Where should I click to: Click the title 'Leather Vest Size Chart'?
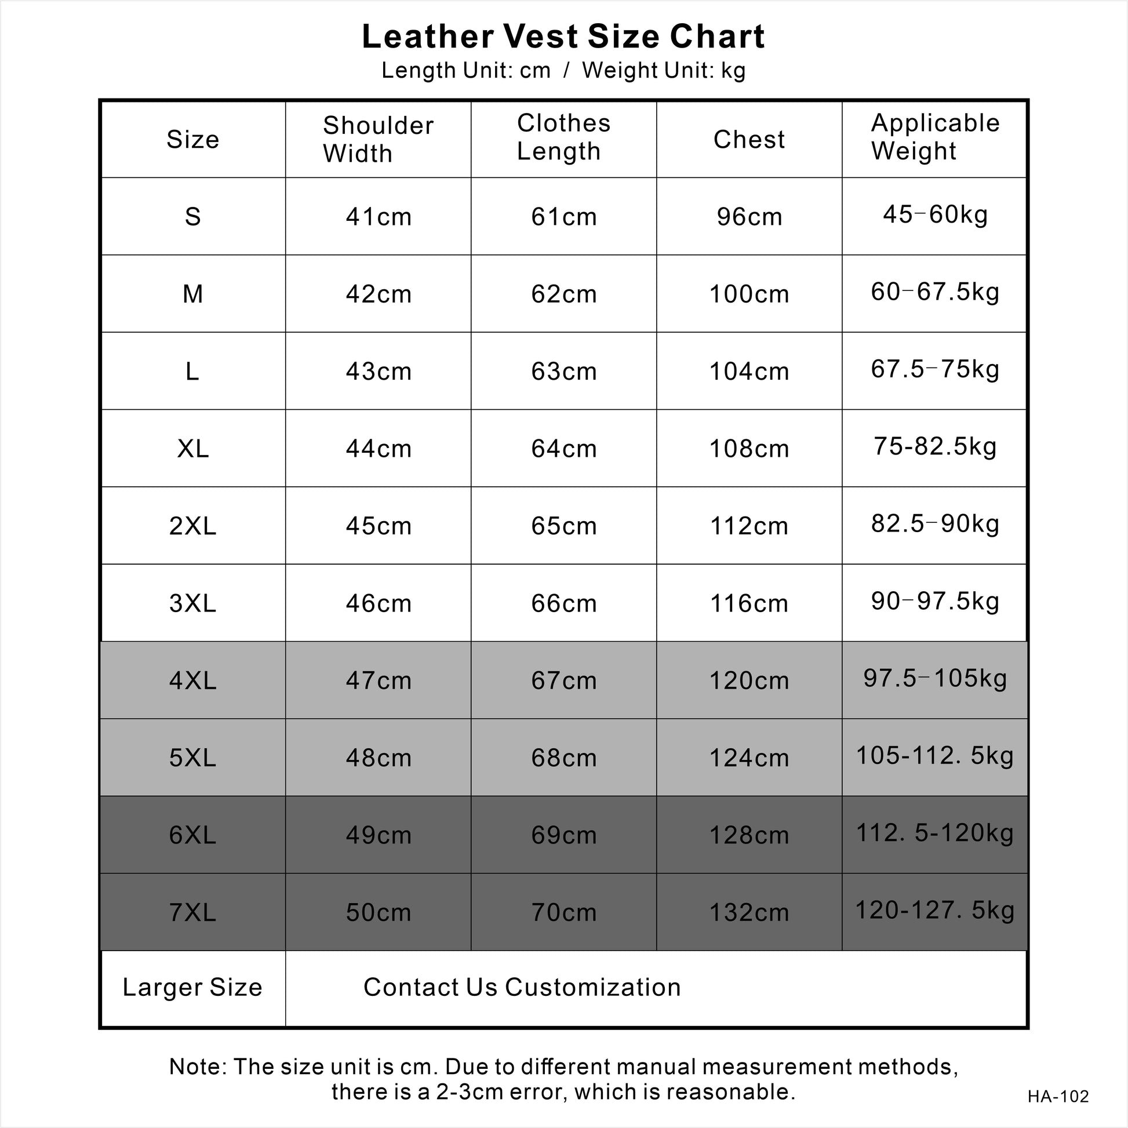coord(563,37)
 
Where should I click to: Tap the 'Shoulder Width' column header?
coord(378,140)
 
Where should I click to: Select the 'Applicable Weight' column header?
coord(935,137)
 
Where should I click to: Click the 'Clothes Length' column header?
coord(563,137)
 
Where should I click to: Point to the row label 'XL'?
coord(192,449)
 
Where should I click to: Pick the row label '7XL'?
coord(192,912)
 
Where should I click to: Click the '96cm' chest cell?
coord(749,217)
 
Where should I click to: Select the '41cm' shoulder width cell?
coord(379,217)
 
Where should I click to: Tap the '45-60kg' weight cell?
coord(935,214)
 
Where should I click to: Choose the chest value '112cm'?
coord(749,526)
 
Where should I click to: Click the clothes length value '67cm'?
coord(563,680)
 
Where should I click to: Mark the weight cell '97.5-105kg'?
coord(935,678)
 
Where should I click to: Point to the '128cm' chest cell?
coord(749,835)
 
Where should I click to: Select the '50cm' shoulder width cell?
coord(379,912)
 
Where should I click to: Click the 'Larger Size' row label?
coord(192,987)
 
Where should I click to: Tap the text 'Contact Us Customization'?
coord(522,987)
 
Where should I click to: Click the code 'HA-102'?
coord(1058,1097)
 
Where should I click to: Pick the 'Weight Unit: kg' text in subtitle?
coord(664,71)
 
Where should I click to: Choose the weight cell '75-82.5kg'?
coord(935,446)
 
